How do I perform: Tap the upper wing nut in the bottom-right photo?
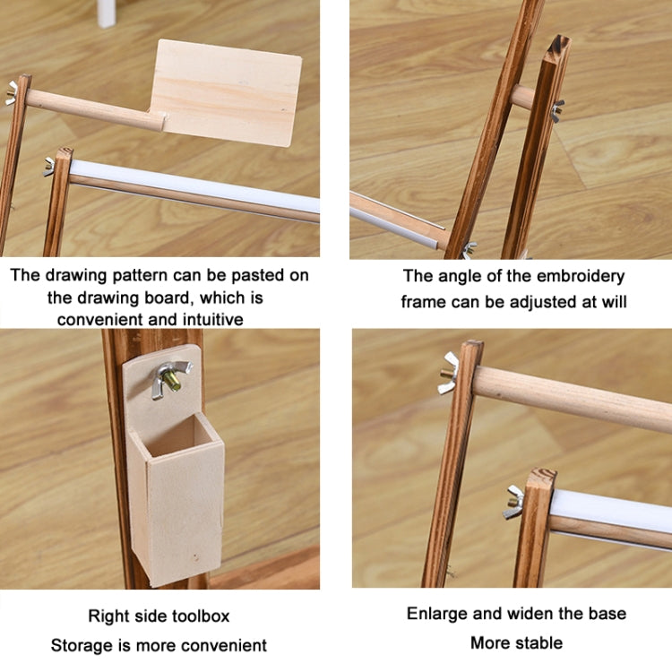coord(449,374)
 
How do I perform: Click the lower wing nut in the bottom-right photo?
coord(514,502)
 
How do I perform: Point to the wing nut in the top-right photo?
coord(557,110)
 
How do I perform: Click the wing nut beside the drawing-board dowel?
coord(11,93)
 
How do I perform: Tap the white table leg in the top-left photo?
coord(107,13)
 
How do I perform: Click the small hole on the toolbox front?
coord(196,558)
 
